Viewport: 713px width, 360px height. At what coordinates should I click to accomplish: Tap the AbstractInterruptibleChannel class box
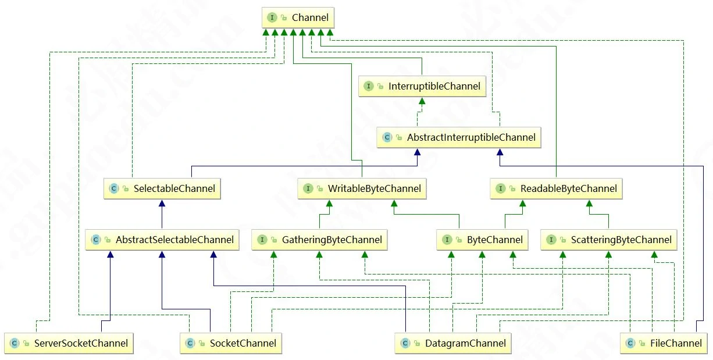tap(459, 137)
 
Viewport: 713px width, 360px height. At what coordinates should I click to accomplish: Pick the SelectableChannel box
tap(162, 188)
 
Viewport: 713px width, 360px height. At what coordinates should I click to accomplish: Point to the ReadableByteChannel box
tap(557, 188)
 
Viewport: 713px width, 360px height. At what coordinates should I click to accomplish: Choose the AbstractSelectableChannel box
tap(162, 240)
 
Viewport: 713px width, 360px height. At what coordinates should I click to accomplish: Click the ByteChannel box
tap(483, 240)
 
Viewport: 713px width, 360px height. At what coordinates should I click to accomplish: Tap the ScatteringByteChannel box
tap(609, 240)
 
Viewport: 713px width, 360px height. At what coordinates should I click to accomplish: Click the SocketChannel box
tap(231, 343)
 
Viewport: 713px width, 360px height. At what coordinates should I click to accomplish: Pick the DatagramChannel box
tap(453, 343)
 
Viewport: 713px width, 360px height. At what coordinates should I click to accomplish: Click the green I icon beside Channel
tap(272, 18)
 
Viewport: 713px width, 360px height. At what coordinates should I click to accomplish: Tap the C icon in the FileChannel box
tap(630, 343)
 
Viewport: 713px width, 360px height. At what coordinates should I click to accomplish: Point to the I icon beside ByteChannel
tap(447, 240)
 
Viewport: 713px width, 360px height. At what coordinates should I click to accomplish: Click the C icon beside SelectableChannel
tap(114, 188)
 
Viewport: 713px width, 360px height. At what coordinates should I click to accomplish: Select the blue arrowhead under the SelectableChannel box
tap(162, 203)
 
